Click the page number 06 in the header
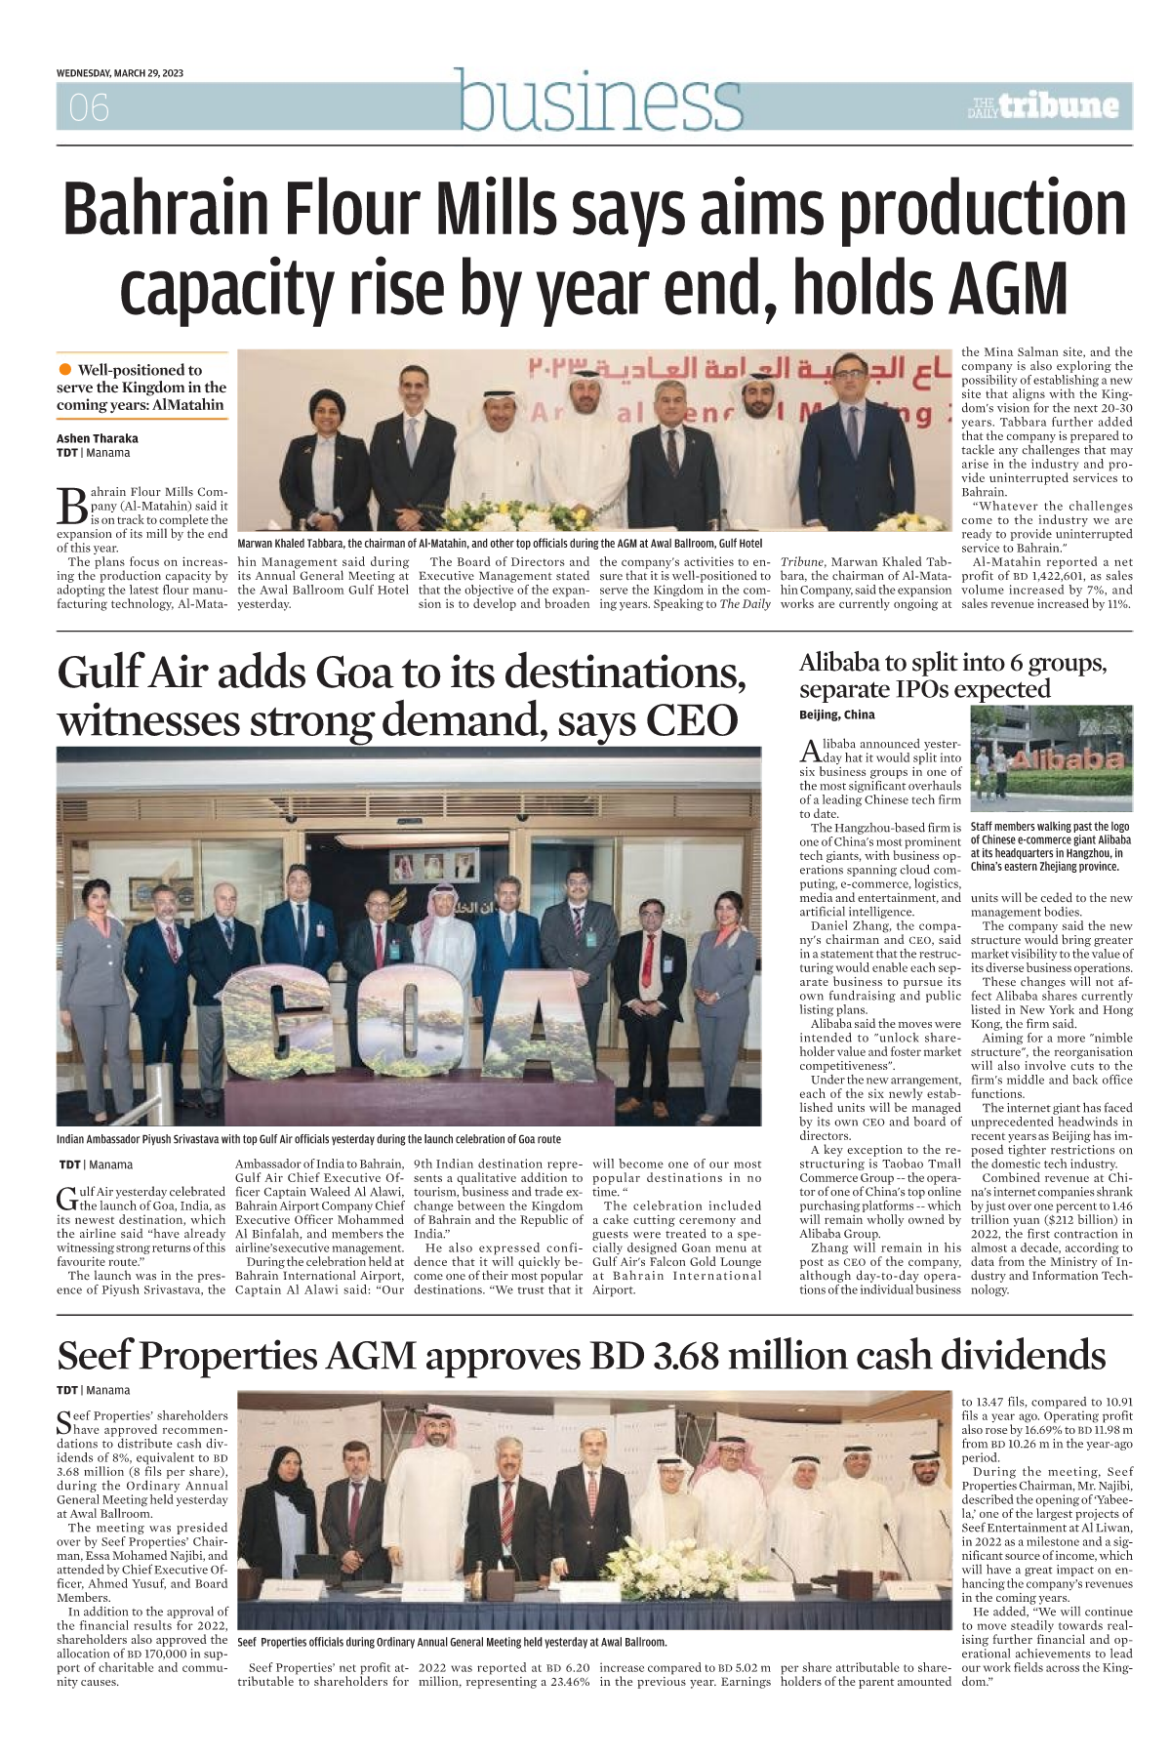[x=89, y=107]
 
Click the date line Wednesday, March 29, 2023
[x=120, y=73]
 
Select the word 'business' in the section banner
[x=600, y=101]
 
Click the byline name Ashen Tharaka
[x=98, y=438]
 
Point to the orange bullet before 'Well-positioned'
[x=65, y=369]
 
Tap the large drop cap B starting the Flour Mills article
[x=72, y=506]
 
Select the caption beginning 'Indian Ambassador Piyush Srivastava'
[x=308, y=1139]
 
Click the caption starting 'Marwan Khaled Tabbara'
[x=499, y=543]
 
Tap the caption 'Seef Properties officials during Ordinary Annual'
[x=452, y=1642]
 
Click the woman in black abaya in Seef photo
[x=284, y=1504]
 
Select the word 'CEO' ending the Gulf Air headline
[x=694, y=720]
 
